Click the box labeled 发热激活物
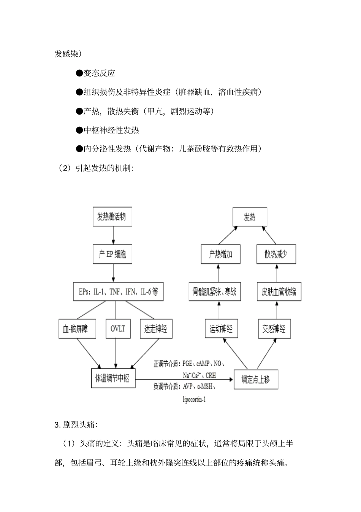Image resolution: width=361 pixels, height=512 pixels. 112,217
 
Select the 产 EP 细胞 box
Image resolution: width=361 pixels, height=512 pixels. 112,254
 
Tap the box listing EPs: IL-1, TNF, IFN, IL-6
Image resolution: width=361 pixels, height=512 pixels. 118,292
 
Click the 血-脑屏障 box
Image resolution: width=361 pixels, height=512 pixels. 77,329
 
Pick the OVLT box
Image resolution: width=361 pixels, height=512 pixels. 117,329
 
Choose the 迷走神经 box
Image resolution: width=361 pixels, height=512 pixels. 156,329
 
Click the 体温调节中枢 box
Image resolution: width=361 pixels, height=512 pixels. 113,378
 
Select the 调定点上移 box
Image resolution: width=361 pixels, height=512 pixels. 256,379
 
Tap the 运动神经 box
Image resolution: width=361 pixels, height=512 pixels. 221,328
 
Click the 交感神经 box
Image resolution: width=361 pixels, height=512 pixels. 274,328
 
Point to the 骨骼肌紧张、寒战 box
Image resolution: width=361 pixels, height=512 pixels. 215,292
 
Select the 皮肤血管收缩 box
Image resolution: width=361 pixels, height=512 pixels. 279,292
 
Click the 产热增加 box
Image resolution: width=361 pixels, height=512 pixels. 221,254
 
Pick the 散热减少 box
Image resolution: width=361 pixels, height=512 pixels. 276,254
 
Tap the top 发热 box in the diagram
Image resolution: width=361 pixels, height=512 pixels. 250,217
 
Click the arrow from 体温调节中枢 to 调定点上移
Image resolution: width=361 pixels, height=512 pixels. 184,379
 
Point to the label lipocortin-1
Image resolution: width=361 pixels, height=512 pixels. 194,400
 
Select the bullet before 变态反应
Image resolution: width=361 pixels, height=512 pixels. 79,73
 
